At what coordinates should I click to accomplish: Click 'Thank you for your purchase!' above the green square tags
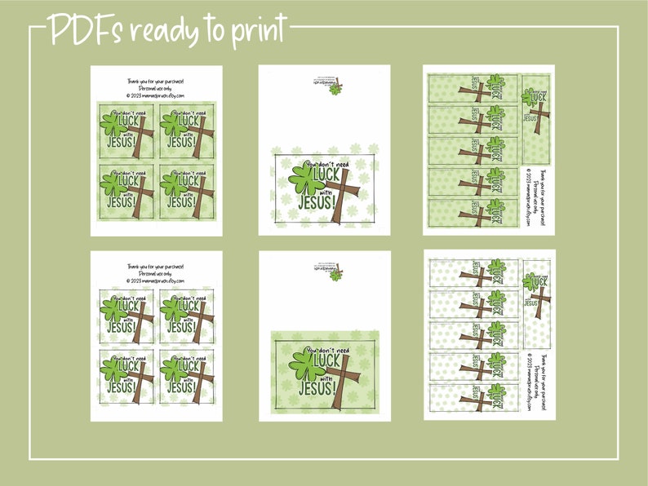click(156, 81)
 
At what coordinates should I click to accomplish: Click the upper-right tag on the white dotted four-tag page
click(187, 315)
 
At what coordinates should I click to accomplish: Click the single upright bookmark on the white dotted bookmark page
click(535, 302)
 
